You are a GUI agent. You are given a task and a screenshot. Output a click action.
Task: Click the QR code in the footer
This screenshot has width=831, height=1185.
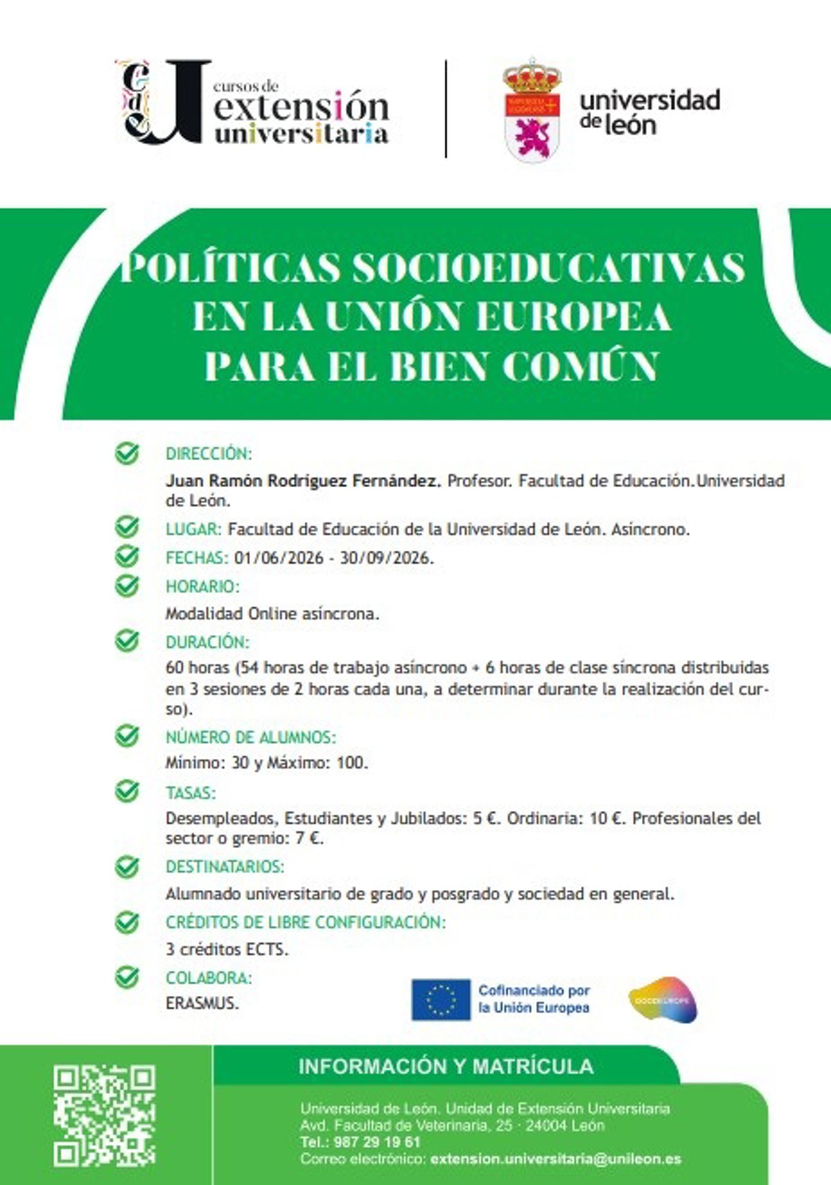[105, 1115]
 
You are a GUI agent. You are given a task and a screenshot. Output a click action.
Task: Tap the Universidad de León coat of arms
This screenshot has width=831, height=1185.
[532, 111]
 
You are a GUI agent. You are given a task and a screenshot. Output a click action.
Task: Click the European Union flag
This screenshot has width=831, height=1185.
[440, 999]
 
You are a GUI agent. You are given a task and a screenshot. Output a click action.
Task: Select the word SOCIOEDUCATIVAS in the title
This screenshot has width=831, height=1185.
[548, 268]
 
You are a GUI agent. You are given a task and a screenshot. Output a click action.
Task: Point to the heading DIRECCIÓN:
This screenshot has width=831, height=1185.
[208, 454]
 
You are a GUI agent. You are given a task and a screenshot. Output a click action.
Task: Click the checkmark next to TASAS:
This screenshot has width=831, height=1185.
[127, 791]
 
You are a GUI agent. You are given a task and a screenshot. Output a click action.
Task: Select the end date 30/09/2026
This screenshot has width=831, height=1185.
[386, 558]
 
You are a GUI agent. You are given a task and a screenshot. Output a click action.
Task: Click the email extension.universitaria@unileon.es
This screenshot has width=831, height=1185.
[555, 1159]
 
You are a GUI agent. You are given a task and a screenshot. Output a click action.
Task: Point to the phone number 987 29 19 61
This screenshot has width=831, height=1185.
[377, 1142]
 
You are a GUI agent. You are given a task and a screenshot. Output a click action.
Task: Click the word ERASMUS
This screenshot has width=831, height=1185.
[202, 1004]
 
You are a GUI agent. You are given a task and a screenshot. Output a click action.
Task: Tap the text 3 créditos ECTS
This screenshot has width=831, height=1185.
[226, 949]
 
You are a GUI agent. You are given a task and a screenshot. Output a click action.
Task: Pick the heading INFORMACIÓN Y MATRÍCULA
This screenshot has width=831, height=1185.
[446, 1066]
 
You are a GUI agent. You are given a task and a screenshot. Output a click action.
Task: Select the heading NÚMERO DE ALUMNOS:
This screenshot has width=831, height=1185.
[250, 737]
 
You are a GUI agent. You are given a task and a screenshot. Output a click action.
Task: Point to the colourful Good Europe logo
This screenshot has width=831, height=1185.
[663, 1000]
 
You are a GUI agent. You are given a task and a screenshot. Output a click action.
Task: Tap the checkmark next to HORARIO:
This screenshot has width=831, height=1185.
[127, 586]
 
